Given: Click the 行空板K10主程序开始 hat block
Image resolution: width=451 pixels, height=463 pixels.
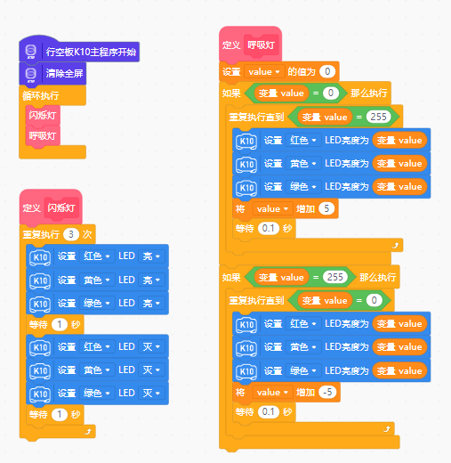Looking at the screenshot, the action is (x=79, y=52).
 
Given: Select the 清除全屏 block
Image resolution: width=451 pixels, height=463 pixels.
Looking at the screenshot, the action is (x=52, y=73).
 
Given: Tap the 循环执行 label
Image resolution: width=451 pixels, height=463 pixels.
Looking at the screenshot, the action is (x=41, y=95).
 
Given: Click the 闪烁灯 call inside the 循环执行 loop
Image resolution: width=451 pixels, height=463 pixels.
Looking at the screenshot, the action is (x=43, y=115).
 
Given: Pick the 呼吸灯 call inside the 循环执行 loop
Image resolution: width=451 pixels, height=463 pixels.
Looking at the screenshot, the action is (x=43, y=135).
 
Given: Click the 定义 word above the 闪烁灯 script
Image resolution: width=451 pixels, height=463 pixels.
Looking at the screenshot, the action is (x=32, y=207).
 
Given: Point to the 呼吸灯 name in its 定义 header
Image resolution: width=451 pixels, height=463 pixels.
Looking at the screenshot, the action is (x=262, y=45).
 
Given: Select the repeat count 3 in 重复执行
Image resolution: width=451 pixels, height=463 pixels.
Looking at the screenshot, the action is (x=71, y=234).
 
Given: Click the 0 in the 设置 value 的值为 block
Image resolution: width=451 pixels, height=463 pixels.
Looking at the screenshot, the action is (x=327, y=71).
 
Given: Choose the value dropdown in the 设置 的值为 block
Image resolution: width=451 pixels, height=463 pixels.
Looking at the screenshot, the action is (x=264, y=72).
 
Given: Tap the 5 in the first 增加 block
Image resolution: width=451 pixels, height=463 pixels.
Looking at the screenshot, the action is (x=326, y=208).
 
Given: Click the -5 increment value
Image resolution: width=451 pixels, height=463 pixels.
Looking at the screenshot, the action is (x=327, y=392).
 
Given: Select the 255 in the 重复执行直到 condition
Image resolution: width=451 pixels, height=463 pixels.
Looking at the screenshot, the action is (x=378, y=117).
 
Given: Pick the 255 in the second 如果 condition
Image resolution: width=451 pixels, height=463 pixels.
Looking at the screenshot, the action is (x=335, y=277).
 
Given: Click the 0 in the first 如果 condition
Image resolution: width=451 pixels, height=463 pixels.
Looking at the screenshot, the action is (x=331, y=93).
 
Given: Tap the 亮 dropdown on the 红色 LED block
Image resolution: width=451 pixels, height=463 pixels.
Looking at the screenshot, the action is (x=151, y=256).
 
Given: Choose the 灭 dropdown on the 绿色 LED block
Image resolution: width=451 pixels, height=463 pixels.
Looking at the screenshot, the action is (x=151, y=394).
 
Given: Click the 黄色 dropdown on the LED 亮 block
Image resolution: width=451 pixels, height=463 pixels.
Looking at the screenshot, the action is (x=97, y=280).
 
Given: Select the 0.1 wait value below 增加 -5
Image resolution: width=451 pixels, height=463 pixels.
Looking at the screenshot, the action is (x=269, y=411).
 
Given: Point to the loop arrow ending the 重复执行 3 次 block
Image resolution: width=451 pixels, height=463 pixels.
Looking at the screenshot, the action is (x=88, y=432).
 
